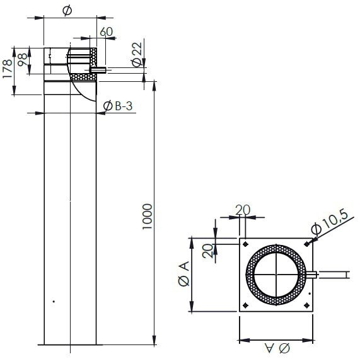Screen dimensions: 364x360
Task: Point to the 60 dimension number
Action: [107, 31]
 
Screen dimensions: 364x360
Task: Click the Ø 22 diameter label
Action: [137, 54]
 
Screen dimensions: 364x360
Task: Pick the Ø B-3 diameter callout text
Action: [117, 108]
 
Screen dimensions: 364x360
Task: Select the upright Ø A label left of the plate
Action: [182, 275]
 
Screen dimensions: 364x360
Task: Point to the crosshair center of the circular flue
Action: [276, 275]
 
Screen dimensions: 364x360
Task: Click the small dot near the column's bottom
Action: [54, 302]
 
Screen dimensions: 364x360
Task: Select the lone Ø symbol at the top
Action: [68, 11]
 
